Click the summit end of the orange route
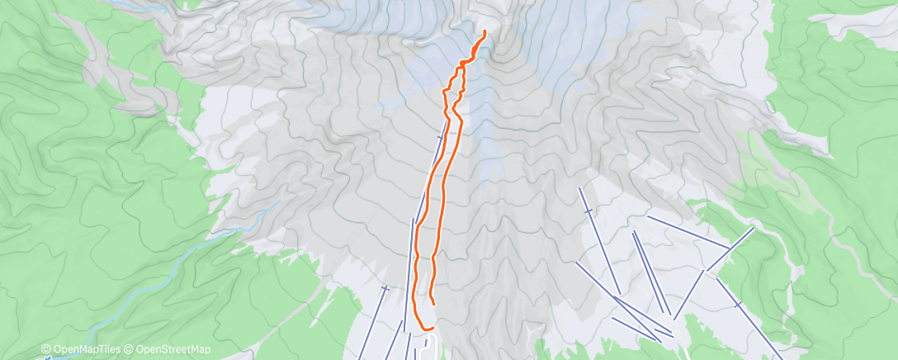click(484, 31)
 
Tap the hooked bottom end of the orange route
click(432, 329)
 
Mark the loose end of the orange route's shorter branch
click(433, 304)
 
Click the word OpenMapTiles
click(85, 350)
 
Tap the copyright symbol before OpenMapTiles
click(46, 350)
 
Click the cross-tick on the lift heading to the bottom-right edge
click(737, 306)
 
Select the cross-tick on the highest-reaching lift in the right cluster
click(588, 212)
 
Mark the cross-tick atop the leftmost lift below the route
click(385, 288)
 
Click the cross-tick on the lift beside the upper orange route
click(440, 137)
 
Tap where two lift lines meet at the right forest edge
click(729, 247)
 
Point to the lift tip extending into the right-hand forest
click(754, 227)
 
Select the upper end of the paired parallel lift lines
click(634, 233)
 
